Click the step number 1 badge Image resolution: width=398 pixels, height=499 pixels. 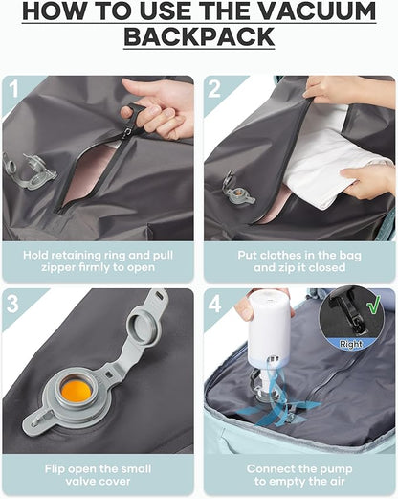pos(12,90)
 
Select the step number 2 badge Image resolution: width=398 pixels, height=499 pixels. pos(214,90)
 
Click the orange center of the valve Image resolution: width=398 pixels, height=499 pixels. pos(77,390)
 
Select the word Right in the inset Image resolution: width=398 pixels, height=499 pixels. pos(352,342)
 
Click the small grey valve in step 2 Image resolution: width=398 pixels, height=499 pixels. pos(233,186)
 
